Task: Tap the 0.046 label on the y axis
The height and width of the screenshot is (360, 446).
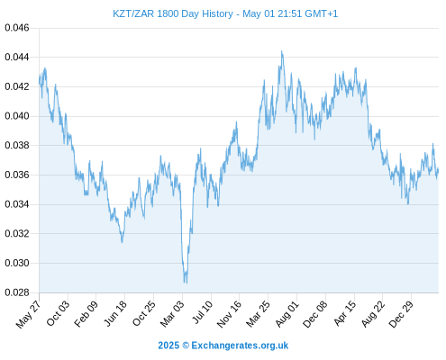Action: tap(17, 28)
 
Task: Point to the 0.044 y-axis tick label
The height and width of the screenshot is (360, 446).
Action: tap(17, 57)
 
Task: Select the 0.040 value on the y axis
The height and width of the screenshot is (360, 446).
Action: tap(17, 116)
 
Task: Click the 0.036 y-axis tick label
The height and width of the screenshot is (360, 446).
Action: tap(17, 175)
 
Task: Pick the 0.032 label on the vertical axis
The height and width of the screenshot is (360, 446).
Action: tap(17, 233)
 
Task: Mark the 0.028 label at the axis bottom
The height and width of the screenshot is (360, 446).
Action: tap(17, 292)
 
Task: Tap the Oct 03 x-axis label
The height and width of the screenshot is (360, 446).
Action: tap(58, 313)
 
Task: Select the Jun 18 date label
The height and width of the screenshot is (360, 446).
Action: tap(115, 313)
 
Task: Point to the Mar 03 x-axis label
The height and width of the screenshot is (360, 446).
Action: tap(172, 314)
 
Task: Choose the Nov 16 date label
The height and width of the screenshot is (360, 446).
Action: tap(229, 314)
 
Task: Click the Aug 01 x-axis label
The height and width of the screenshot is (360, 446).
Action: tap(287, 314)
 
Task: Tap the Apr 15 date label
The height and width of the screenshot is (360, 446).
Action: tap(345, 313)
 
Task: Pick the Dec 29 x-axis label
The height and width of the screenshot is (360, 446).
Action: tap(401, 314)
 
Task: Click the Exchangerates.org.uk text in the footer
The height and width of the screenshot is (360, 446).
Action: tap(240, 346)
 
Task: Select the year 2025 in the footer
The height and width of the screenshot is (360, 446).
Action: tap(168, 346)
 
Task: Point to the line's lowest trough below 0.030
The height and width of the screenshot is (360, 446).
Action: tap(187, 283)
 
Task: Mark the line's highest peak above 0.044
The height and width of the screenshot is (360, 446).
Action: tap(282, 51)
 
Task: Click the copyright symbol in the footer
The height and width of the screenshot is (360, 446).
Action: tap(186, 346)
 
